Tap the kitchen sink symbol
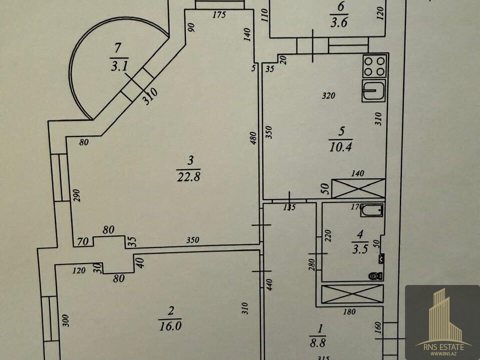point(374,91)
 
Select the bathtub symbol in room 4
point(372,210)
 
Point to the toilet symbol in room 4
point(375,275)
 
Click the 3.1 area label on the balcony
point(118,64)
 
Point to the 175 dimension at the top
point(219,14)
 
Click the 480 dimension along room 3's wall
point(254,138)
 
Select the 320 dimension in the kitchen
point(328,96)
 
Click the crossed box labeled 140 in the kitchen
point(358,188)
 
